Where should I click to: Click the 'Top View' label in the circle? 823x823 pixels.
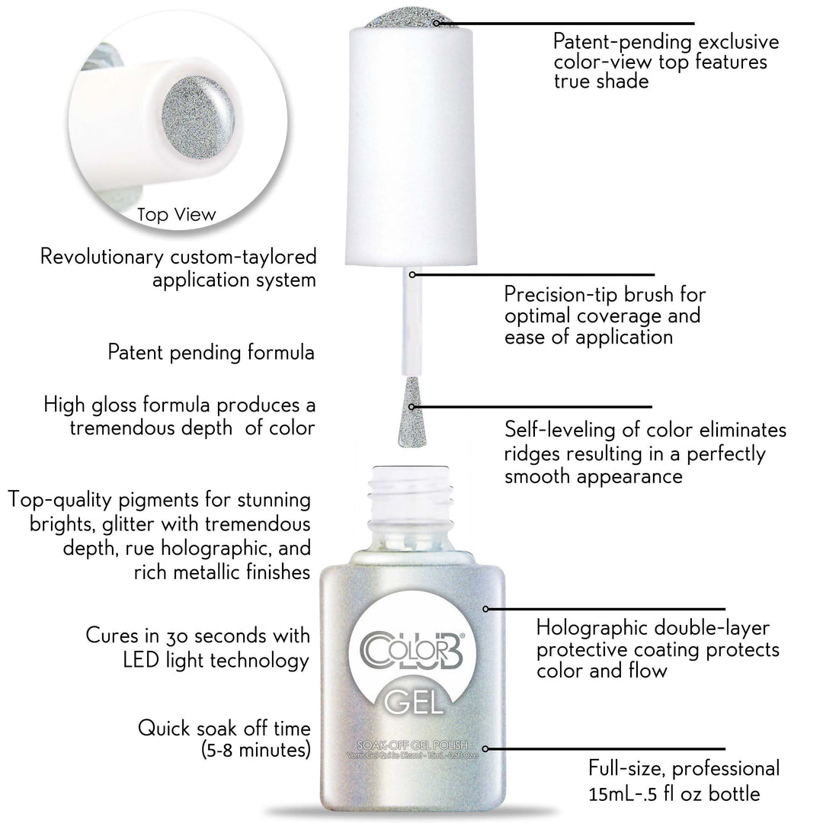click(177, 215)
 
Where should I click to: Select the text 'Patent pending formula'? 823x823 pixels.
click(211, 353)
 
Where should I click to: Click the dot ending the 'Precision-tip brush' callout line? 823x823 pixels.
click(412, 274)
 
